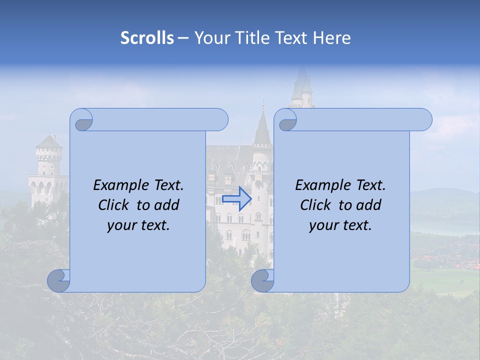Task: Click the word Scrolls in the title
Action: point(147,38)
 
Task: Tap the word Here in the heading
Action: point(332,38)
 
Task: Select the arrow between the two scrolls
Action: point(236,198)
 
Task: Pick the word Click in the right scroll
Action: point(315,205)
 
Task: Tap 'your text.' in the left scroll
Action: point(138,225)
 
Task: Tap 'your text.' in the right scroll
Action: point(340,225)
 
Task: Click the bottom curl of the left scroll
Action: point(58,281)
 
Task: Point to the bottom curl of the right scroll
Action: point(262,281)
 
